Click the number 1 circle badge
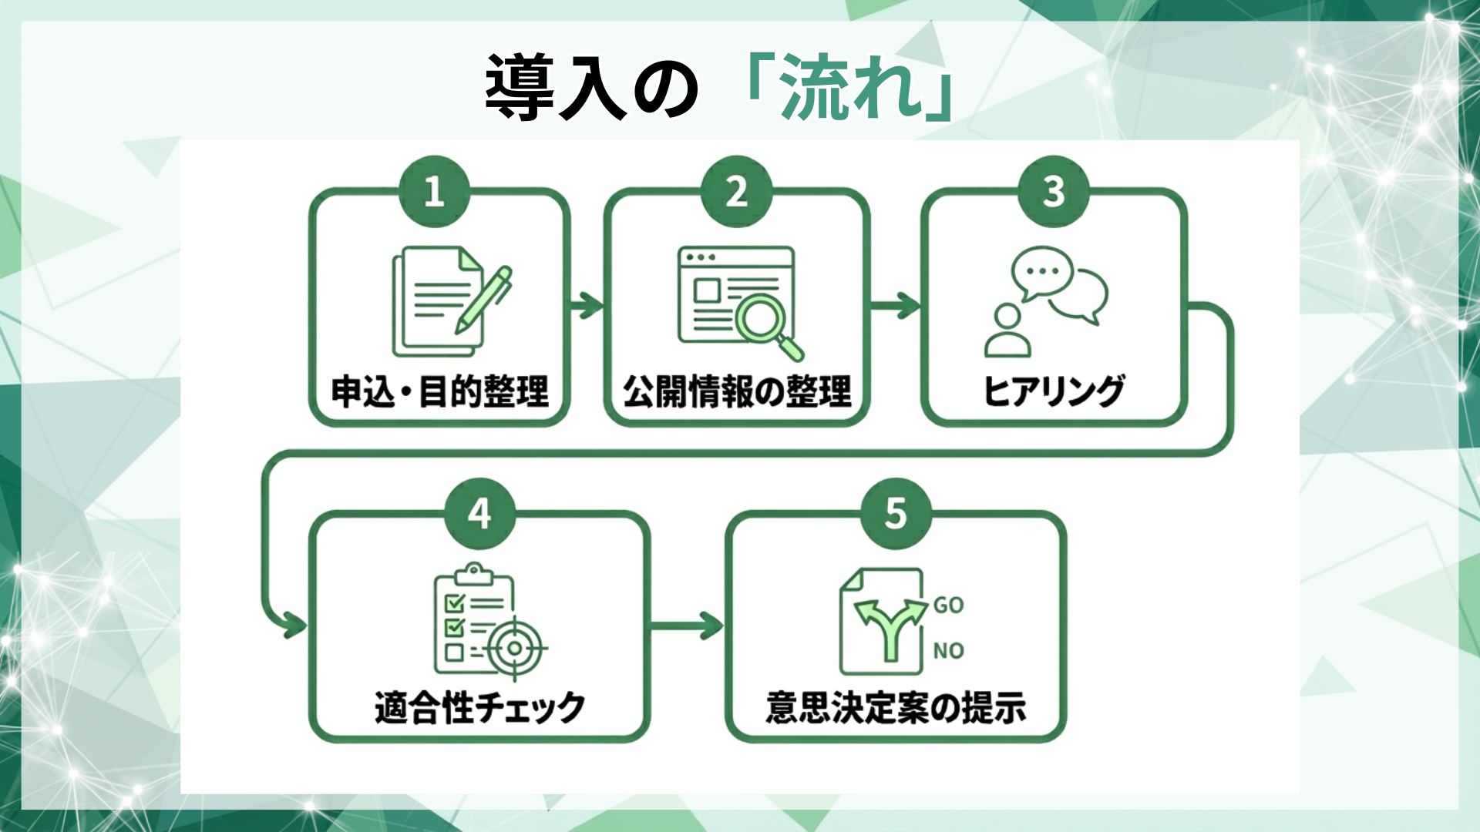pyautogui.click(x=434, y=192)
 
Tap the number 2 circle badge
pyautogui.click(x=736, y=192)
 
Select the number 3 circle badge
pyautogui.click(x=1053, y=192)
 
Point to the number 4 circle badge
pyautogui.click(x=479, y=513)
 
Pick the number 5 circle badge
pyautogui.click(x=896, y=513)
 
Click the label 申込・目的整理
pyautogui.click(x=439, y=391)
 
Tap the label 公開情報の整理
pyautogui.click(x=737, y=391)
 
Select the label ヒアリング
pyautogui.click(x=1054, y=391)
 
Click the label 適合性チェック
pyautogui.click(x=479, y=707)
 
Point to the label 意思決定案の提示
pyautogui.click(x=896, y=707)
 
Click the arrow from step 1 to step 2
pyautogui.click(x=587, y=305)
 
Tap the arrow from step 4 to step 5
pyautogui.click(x=687, y=625)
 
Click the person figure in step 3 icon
pyautogui.click(x=1007, y=330)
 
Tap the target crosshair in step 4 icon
pyautogui.click(x=514, y=648)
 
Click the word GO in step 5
pyautogui.click(x=948, y=606)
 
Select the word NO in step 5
pyautogui.click(x=948, y=651)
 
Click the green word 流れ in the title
pyautogui.click(x=851, y=87)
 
